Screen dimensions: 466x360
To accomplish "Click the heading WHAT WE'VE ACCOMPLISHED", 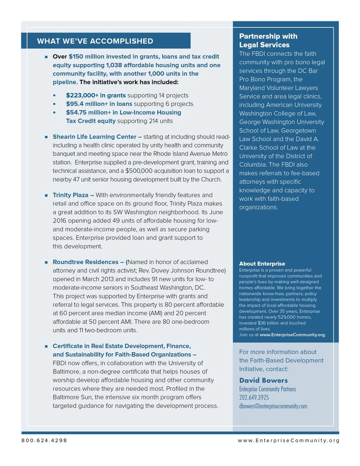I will pos(95,41).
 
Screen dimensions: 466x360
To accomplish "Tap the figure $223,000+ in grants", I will pos(96,95).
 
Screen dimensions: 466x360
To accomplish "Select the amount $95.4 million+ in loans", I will pos(99,104).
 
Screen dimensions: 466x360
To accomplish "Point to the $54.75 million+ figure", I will pos(87,112).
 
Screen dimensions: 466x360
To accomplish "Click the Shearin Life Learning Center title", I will pos(94,137).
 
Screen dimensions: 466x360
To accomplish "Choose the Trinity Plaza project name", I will pos(71,195).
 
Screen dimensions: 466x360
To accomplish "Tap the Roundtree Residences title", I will pos(86,262).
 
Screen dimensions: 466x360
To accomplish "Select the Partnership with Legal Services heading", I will pos(268,40).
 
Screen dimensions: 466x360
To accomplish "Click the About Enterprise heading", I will pos(262,264).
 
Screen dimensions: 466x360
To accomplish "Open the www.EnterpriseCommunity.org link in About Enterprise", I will pos(292,335).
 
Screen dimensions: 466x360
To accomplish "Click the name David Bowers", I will pos(263,380).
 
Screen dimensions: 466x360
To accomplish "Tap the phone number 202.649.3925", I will pos(254,398).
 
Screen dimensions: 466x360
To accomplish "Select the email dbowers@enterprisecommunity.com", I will pos(273,406).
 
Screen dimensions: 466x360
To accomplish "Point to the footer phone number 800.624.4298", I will pos(44,440).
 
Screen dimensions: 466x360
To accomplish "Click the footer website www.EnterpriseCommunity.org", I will pos(288,440).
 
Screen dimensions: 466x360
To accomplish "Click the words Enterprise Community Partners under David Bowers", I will pos(267,389).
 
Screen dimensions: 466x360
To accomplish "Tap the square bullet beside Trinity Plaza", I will pos(46,195).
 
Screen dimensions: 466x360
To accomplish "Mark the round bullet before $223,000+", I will pos(54,95).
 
